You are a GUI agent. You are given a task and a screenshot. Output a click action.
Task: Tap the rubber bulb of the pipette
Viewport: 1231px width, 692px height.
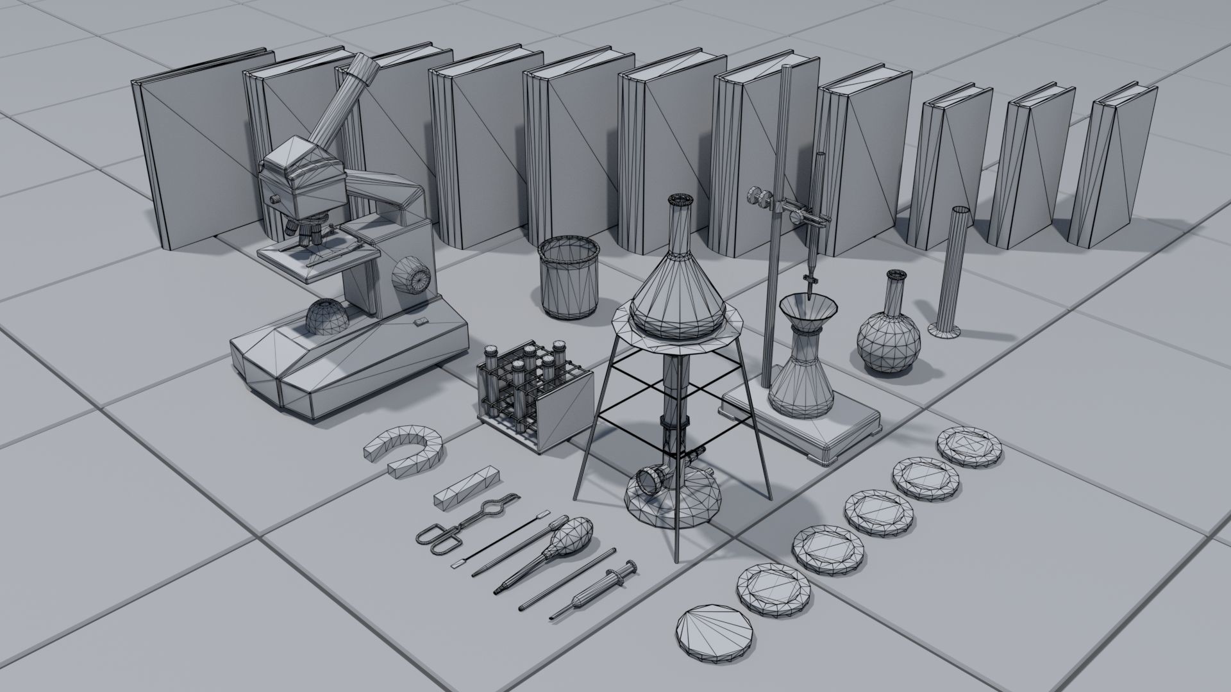(572, 529)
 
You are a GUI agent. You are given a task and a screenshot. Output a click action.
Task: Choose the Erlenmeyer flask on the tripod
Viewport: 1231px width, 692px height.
(678, 288)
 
